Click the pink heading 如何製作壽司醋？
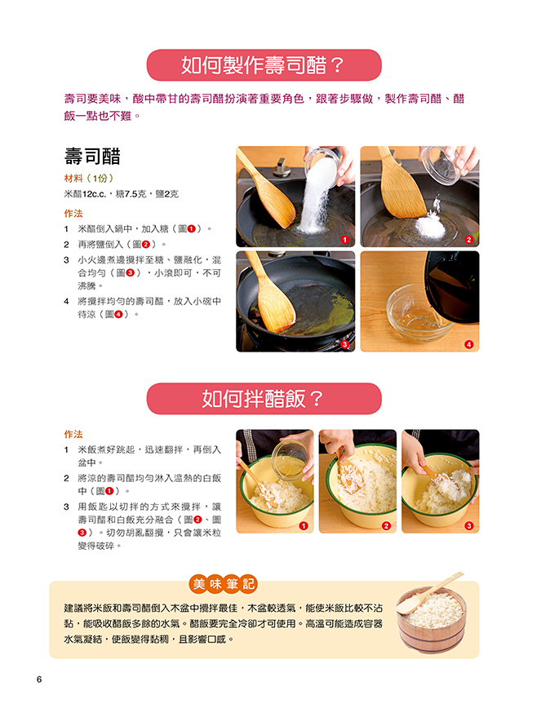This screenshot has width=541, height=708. (x=264, y=65)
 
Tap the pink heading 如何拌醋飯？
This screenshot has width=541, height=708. (x=264, y=399)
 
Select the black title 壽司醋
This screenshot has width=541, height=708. (x=92, y=157)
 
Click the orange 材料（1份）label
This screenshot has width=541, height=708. (x=88, y=179)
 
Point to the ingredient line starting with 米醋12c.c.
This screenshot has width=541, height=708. (x=122, y=194)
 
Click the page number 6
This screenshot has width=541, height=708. (x=39, y=679)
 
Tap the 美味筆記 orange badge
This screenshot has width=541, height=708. (x=223, y=584)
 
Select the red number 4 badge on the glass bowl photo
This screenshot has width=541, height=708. (x=468, y=344)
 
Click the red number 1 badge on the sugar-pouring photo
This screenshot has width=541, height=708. (x=345, y=240)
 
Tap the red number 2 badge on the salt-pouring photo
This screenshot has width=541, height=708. (x=468, y=240)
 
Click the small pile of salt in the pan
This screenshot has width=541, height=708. (x=429, y=224)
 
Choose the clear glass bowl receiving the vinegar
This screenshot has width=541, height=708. (x=416, y=313)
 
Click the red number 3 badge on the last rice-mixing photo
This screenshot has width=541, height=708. (x=469, y=525)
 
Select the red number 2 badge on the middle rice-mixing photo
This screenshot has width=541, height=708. (x=386, y=525)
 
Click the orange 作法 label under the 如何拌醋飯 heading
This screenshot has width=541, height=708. (x=73, y=435)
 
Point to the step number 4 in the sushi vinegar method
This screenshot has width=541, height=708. (x=66, y=301)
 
